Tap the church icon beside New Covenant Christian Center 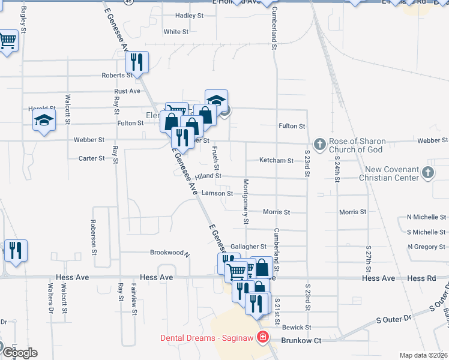tap(427, 173)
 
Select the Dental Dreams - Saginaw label tap(207, 338)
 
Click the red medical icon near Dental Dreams tap(262, 338)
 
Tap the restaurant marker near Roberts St tap(137, 62)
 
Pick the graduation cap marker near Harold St tap(44, 121)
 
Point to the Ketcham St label tap(276, 161)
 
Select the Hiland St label tap(208, 176)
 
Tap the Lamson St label tap(217, 193)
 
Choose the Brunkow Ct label tap(301, 340)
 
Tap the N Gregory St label tap(426, 247)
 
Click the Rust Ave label tap(127, 91)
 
